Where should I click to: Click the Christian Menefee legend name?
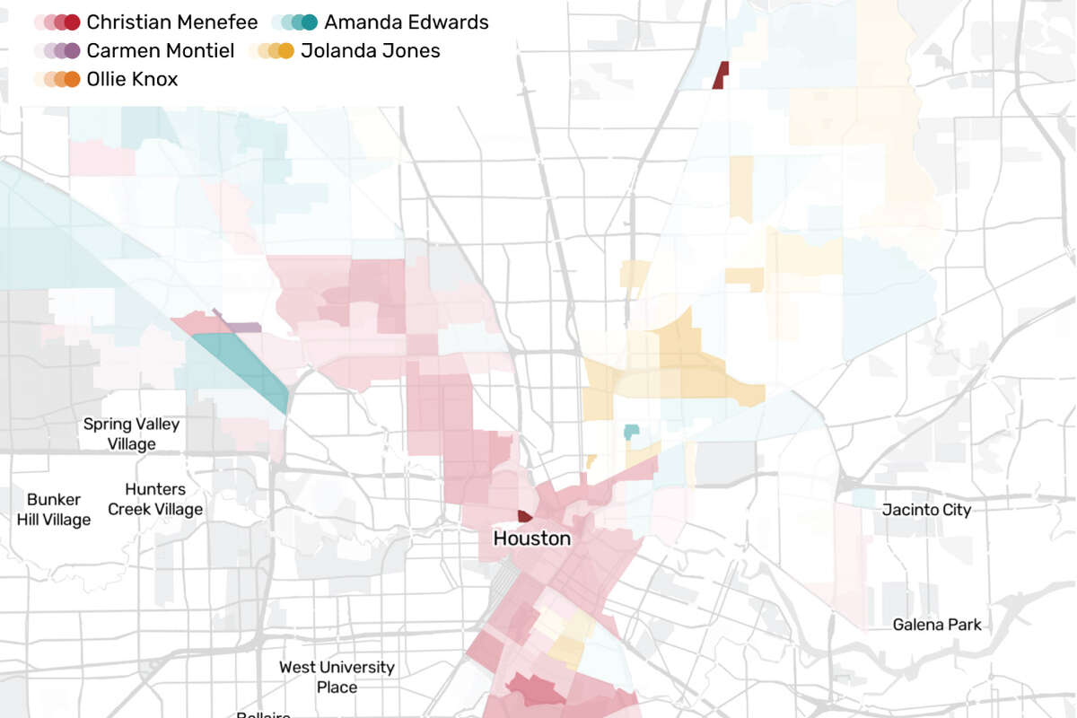[172, 22]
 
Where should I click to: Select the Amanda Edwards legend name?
[407, 22]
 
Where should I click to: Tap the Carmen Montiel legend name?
[161, 50]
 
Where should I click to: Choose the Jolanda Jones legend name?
[371, 50]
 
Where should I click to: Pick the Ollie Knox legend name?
[132, 79]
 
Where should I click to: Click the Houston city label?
[531, 538]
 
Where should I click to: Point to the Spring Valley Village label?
[131, 433]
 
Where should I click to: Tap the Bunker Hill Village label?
[54, 509]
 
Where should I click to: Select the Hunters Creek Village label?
[155, 499]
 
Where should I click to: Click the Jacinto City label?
[926, 510]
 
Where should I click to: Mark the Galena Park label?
[937, 625]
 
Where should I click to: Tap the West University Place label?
[337, 677]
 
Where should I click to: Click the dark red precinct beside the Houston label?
[525, 516]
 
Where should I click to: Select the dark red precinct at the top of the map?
[721, 76]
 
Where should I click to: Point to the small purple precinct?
[241, 328]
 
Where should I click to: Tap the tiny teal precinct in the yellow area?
[631, 432]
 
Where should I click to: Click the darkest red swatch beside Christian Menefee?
[73, 22]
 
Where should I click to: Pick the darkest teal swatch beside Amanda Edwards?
[310, 22]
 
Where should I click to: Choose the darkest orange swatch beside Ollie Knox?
[73, 79]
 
